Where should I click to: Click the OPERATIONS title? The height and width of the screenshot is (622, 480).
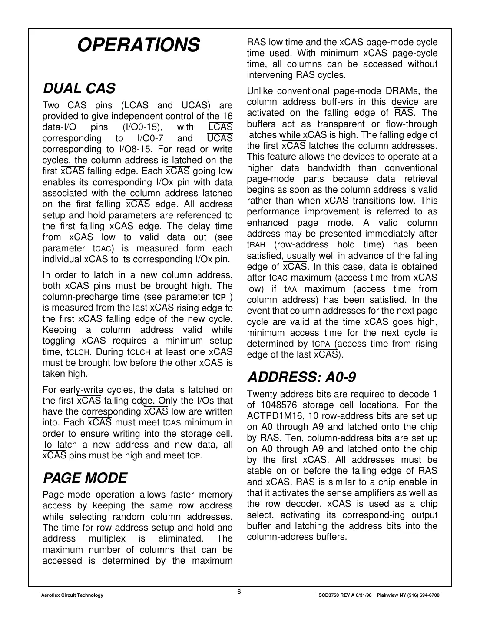click(138, 45)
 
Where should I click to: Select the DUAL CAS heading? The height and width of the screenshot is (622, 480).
click(79, 88)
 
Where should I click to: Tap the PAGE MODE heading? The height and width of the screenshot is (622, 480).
click(85, 478)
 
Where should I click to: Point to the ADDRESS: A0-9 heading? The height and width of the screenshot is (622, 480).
click(301, 377)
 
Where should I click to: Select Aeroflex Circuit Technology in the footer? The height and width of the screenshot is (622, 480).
click(72, 595)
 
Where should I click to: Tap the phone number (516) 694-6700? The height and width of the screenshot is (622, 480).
click(422, 595)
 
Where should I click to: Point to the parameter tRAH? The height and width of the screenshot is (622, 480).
click(256, 245)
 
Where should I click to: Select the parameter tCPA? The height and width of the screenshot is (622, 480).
click(322, 344)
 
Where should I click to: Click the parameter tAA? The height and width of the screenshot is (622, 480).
click(291, 289)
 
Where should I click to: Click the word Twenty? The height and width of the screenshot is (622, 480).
click(261, 394)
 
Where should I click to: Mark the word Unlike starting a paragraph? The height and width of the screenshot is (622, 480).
click(260, 91)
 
